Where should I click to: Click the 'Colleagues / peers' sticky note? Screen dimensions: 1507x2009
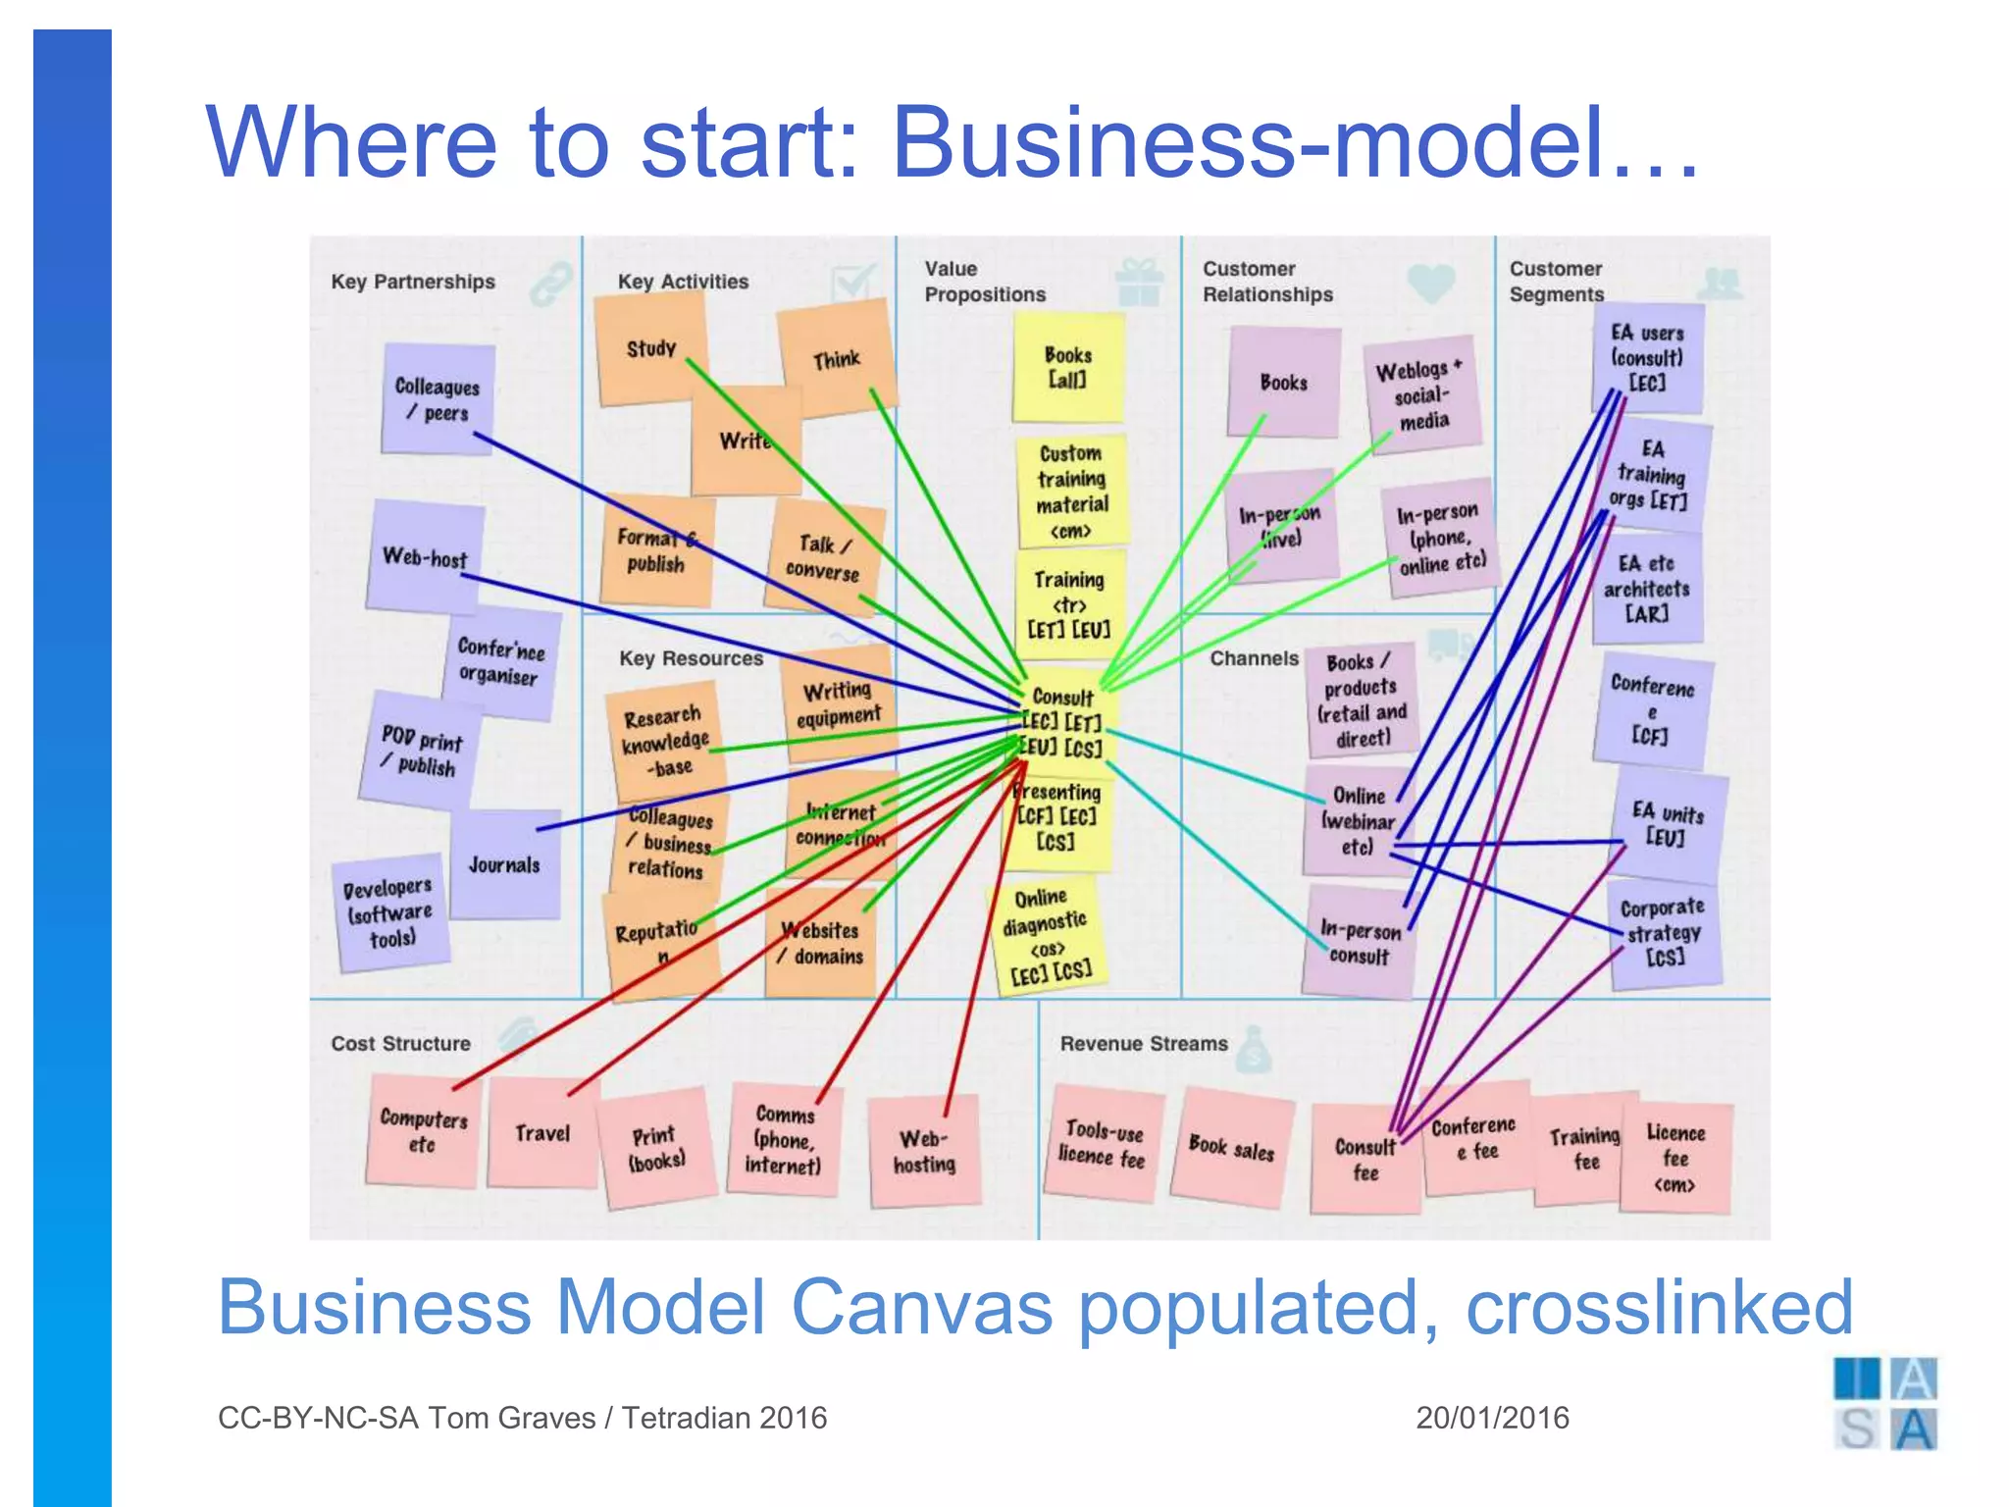pyautogui.click(x=438, y=398)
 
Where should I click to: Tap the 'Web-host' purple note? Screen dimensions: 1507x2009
pyautogui.click(x=425, y=556)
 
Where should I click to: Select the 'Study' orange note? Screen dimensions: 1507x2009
pyautogui.click(x=650, y=348)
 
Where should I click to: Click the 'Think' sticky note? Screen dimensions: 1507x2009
pyautogui.click(x=837, y=359)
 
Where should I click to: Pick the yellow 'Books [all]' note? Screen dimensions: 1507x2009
pyautogui.click(x=1067, y=367)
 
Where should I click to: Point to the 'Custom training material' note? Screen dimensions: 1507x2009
pyautogui.click(x=1071, y=491)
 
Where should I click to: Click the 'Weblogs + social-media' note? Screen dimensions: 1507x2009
pyautogui.click(x=1421, y=394)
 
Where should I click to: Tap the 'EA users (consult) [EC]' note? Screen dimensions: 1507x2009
pyautogui.click(x=1647, y=357)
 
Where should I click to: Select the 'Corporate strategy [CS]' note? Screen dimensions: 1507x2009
pyautogui.click(x=1664, y=932)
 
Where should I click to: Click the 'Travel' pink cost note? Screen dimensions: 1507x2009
pyautogui.click(x=542, y=1133)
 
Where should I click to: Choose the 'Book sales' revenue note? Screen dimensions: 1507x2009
pyautogui.click(x=1231, y=1147)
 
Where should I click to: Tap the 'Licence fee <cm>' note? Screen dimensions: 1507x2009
pyautogui.click(x=1675, y=1158)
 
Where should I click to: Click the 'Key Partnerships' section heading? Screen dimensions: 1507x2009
pyautogui.click(x=413, y=282)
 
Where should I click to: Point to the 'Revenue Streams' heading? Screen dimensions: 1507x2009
pyautogui.click(x=1144, y=1044)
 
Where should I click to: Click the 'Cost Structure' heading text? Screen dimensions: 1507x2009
pyautogui.click(x=400, y=1044)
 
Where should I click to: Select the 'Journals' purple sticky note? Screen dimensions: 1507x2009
pyautogui.click(x=504, y=864)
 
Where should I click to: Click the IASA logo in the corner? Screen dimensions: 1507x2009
pyautogui.click(x=1884, y=1403)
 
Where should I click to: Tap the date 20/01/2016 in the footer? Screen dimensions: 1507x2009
pyautogui.click(x=1492, y=1418)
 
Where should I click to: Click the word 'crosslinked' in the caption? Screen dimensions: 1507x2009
pyautogui.click(x=1659, y=1307)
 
